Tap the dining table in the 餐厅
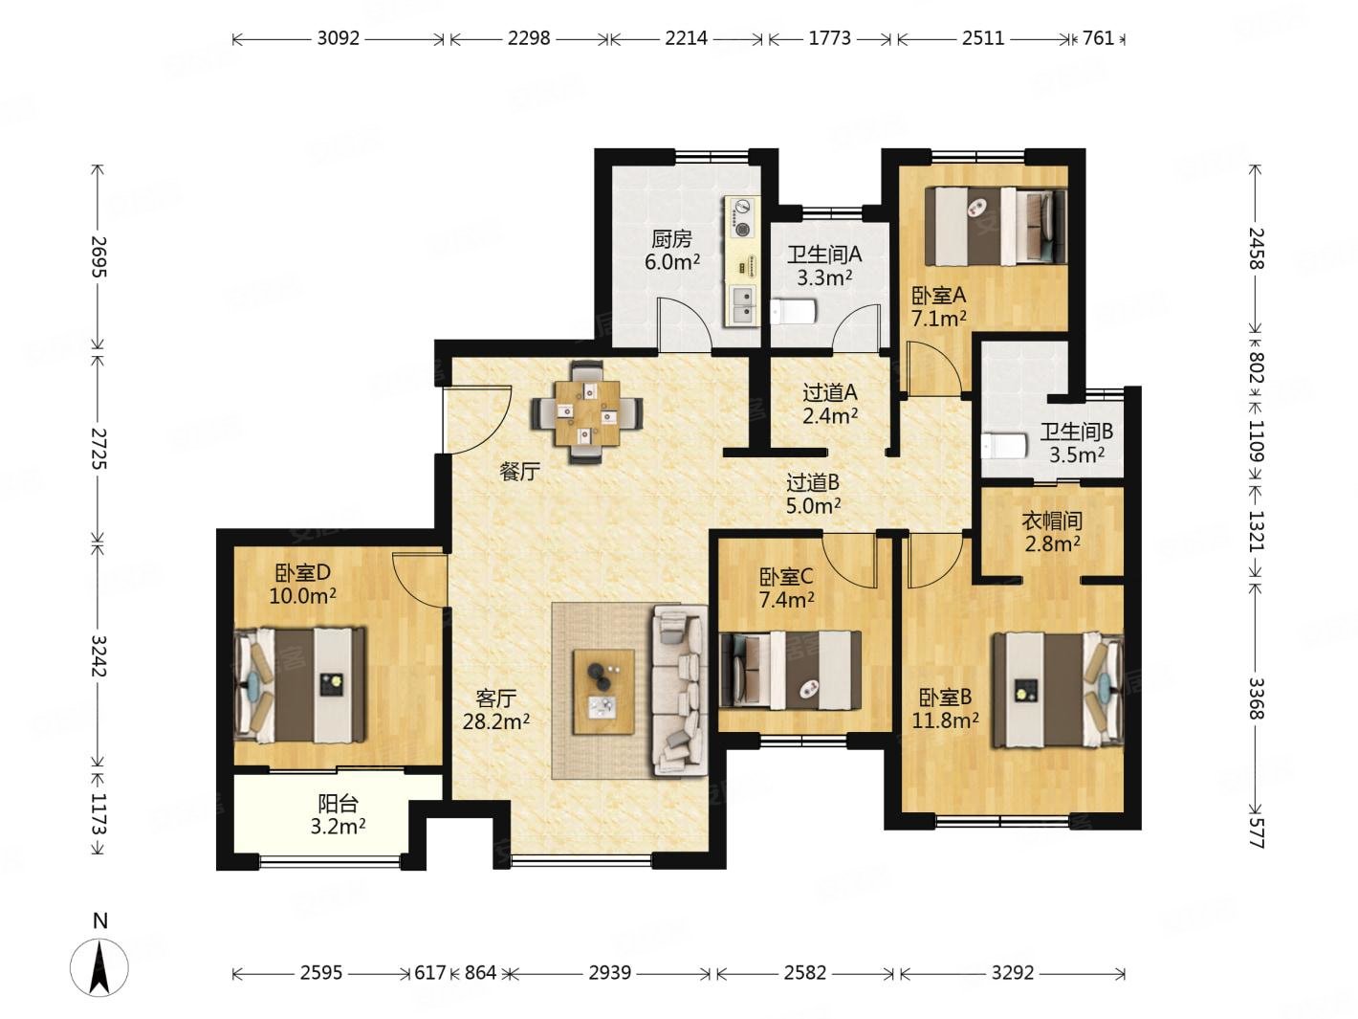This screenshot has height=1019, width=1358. tap(587, 412)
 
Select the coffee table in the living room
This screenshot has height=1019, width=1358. tap(603, 692)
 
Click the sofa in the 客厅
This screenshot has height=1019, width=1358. tap(679, 690)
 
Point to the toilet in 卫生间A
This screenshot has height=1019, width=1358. tap(793, 312)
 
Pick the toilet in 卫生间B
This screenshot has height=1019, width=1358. tap(1003, 446)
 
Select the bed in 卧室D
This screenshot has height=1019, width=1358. tap(300, 685)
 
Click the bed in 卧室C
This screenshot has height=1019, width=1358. tap(791, 670)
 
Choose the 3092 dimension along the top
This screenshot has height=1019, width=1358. tap(338, 38)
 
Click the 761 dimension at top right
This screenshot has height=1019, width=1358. tap(1098, 38)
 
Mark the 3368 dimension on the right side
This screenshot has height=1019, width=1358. tap(1257, 698)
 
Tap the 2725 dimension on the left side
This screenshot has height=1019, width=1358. tap(99, 449)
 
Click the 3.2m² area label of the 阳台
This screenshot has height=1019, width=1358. tap(338, 826)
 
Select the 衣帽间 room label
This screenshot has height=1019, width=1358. tap(1052, 521)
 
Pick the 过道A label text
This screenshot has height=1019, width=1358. tap(830, 392)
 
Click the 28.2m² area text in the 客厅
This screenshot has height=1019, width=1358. tap(496, 720)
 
